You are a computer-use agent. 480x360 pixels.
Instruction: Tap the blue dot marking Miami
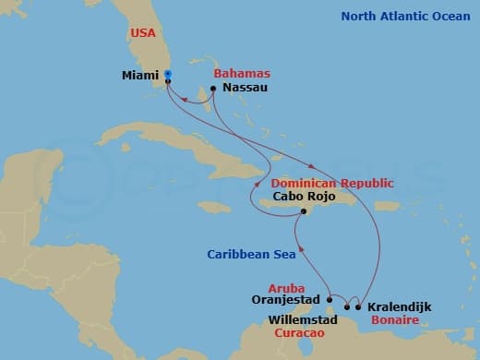point(168,74)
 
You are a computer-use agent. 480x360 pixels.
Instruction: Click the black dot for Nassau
point(213,89)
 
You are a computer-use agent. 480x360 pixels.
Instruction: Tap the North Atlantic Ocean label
point(404,16)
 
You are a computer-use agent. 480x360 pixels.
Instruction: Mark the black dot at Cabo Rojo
point(302,212)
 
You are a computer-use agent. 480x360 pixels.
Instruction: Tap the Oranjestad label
point(287,299)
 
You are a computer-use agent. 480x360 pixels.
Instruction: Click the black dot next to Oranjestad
point(330,299)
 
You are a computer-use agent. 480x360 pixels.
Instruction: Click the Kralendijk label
point(399,306)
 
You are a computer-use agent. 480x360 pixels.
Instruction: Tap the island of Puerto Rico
point(387,206)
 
